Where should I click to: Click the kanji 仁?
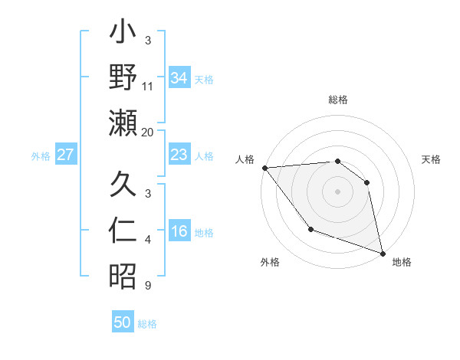coord(123,230)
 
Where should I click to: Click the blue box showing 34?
coord(179,77)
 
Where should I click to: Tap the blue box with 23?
coord(179,155)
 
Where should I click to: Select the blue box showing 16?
coord(179,232)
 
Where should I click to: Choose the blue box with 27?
coord(66,155)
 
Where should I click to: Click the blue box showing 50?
coord(123,322)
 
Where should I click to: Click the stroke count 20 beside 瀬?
coord(148,133)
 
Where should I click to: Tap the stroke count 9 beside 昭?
coord(148,286)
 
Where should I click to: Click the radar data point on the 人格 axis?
coord(264,168)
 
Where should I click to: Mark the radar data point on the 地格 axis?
coord(381,252)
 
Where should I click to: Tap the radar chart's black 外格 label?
coord(270,263)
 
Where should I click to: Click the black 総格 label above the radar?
coord(338,100)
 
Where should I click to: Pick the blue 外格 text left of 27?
coord(41,155)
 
